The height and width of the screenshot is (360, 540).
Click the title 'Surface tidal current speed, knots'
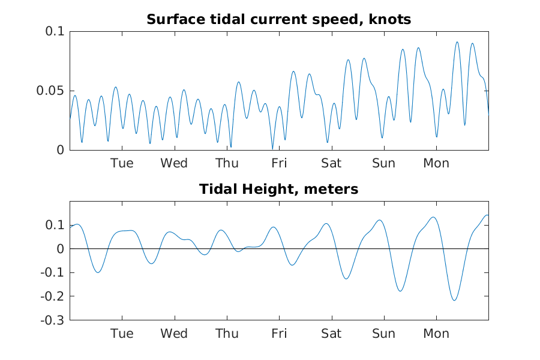click(x=278, y=20)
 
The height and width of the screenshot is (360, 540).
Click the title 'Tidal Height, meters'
click(x=278, y=189)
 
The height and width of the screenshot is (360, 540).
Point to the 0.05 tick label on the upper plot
click(x=50, y=91)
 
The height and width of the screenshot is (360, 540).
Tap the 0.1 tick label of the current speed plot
click(x=55, y=31)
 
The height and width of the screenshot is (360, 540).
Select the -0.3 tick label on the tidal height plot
click(x=52, y=320)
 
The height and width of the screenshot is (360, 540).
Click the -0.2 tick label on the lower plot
click(x=52, y=296)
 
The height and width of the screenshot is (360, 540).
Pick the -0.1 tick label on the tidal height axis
click(x=52, y=272)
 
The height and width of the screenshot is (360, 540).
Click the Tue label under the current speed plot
click(x=122, y=163)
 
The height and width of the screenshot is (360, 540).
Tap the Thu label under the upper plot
click(x=227, y=163)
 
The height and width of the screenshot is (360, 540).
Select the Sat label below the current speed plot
click(x=331, y=163)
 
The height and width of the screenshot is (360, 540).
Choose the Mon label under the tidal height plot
click(x=436, y=334)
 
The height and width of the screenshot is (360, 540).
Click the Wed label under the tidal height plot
click(x=174, y=334)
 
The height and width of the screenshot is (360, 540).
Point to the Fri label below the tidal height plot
click(x=279, y=334)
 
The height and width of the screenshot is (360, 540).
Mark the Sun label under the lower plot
click(x=383, y=334)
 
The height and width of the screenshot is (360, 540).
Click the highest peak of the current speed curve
click(x=457, y=42)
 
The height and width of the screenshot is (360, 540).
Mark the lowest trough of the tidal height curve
click(x=454, y=301)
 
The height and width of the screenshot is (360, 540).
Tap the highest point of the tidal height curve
click(x=487, y=215)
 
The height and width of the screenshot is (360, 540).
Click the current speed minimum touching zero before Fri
click(x=272, y=149)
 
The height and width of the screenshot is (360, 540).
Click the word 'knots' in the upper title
click(x=390, y=20)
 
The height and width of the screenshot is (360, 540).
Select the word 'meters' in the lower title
click(x=331, y=189)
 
